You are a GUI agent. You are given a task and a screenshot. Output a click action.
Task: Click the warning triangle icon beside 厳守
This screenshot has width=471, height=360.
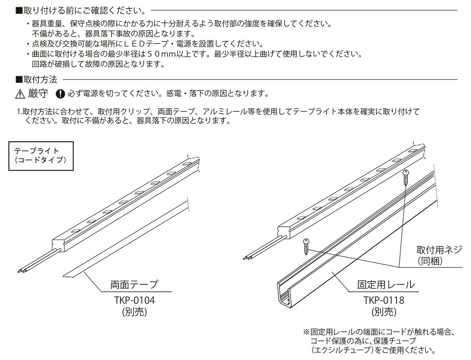tap(20, 94)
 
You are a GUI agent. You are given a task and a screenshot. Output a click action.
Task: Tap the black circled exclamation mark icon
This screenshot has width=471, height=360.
tap(60, 94)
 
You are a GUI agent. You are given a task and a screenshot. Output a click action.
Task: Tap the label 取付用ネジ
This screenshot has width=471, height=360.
tap(440, 249)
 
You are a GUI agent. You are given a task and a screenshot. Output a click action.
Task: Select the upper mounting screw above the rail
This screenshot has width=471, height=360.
tap(406, 179)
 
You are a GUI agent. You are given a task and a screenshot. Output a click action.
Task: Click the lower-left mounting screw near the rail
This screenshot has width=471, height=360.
tap(306, 247)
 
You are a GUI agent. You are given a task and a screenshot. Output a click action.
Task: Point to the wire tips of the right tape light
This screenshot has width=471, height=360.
tap(246, 258)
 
